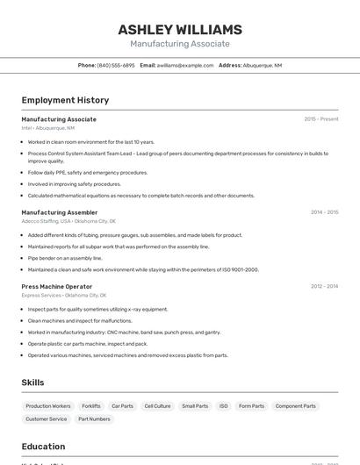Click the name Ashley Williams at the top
tap(179, 30)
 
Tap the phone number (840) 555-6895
tap(116, 65)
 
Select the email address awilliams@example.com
tap(185, 65)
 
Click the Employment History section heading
tap(65, 100)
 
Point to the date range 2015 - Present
tap(320, 118)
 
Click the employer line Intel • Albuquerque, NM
tap(48, 128)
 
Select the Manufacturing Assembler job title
tap(60, 211)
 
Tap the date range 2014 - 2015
tap(324, 211)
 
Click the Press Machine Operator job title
tap(57, 286)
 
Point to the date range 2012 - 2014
tap(324, 286)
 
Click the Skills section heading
tap(32, 383)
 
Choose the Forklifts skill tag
tap(91, 406)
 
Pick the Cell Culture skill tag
tap(157, 406)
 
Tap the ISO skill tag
tap(223, 406)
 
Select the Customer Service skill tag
tap(47, 419)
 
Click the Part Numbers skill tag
tap(94, 419)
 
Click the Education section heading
tap(43, 446)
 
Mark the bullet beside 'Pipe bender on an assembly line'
tap(23, 258)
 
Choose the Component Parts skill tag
tap(295, 406)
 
